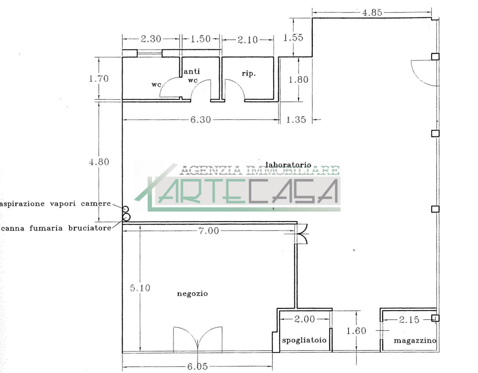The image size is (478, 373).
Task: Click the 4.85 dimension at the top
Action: pyautogui.click(x=372, y=13)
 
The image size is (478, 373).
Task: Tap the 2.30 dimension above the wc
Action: pyautogui.click(x=151, y=39)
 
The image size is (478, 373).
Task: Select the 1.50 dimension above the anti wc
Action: pyautogui.click(x=200, y=39)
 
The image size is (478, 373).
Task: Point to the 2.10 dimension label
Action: pyautogui.click(x=248, y=40)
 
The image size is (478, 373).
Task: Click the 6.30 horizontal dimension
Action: pyautogui.click(x=200, y=120)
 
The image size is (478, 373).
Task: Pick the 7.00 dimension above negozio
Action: pyautogui.click(x=209, y=231)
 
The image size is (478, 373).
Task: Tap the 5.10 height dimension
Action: pyautogui.click(x=140, y=288)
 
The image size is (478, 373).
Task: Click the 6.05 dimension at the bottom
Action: pyautogui.click(x=197, y=366)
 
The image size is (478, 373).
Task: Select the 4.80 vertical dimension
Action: pyautogui.click(x=99, y=162)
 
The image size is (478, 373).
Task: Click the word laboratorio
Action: pyautogui.click(x=288, y=165)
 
